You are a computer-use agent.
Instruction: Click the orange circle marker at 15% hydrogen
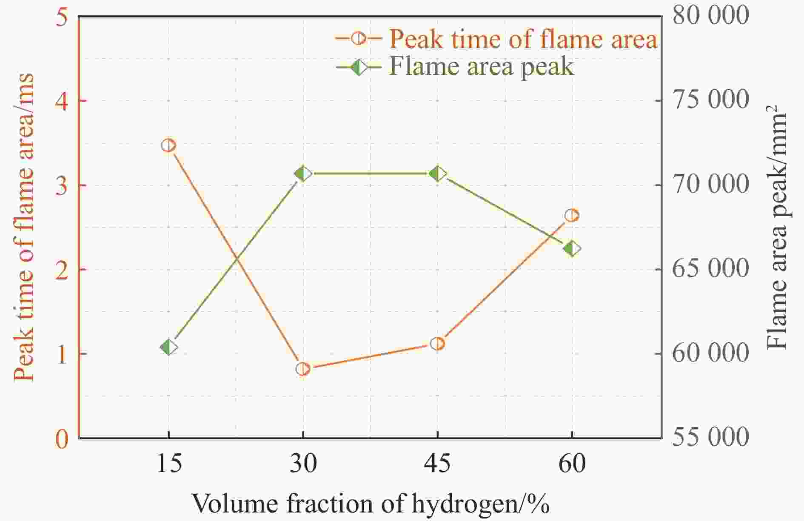(168, 145)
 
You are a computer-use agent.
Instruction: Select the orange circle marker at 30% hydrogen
(303, 369)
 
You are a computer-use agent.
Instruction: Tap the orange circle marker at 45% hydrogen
(437, 344)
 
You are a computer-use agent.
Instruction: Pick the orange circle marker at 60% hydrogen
(572, 216)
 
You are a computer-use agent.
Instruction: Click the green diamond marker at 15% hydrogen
(168, 347)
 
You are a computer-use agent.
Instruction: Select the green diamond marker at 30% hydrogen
(303, 174)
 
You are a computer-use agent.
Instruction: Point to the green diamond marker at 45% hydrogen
(437, 174)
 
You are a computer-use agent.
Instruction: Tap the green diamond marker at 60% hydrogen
(572, 249)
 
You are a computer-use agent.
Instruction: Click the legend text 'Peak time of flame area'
(523, 40)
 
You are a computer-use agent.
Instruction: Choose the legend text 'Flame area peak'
(481, 67)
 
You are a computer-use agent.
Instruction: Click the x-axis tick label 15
(169, 464)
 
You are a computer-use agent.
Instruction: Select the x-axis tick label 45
(437, 464)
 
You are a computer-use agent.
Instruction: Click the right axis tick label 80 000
(710, 16)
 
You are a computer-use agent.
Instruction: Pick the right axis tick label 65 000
(710, 269)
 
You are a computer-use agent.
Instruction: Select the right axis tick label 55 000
(710, 437)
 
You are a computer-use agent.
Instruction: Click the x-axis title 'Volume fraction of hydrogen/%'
(370, 504)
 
